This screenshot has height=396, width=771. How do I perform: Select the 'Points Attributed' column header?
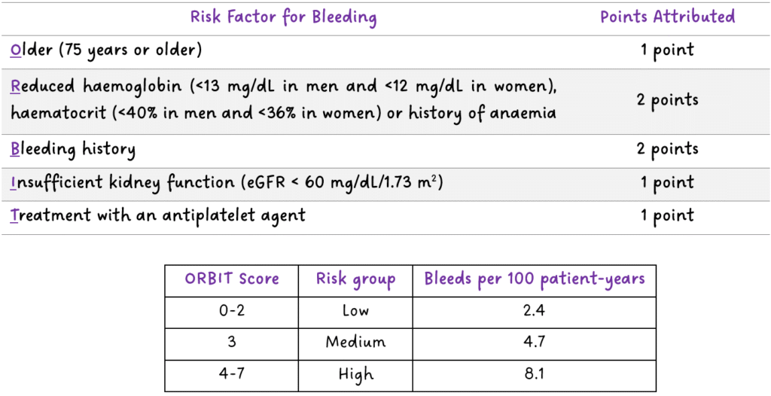tap(667, 17)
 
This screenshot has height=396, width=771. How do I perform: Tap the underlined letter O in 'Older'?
tap(16, 51)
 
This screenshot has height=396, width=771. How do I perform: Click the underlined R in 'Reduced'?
tap(15, 86)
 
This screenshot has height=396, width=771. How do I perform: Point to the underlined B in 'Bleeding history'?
tap(15, 149)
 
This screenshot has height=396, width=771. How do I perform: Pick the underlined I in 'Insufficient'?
tap(14, 182)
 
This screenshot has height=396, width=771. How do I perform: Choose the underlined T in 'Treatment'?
tap(15, 215)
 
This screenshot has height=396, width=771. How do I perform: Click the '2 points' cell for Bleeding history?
tap(667, 149)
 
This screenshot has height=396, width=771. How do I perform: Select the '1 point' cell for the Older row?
tap(667, 51)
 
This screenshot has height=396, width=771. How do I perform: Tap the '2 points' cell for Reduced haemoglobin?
tap(667, 100)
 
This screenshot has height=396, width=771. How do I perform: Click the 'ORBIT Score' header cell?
tap(232, 279)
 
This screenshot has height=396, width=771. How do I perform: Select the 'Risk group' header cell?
tap(356, 279)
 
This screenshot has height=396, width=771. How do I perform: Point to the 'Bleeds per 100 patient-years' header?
tap(535, 279)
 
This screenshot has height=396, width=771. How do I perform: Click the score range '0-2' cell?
tap(232, 310)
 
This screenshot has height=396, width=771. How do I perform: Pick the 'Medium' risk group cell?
tap(356, 342)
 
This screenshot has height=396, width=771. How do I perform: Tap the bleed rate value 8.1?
tap(535, 373)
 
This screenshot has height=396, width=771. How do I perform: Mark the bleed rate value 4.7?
tap(535, 342)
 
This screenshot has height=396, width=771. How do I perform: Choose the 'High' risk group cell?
tap(356, 373)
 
